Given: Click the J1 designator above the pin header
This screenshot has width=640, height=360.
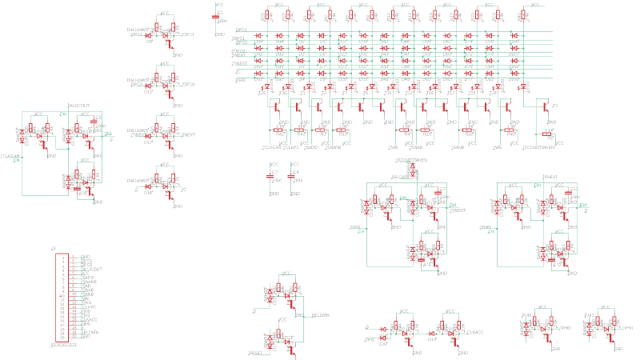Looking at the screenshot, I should (x=54, y=249).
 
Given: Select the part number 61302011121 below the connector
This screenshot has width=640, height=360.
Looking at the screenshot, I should (x=65, y=345).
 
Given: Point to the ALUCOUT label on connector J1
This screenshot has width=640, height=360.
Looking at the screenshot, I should (x=91, y=270).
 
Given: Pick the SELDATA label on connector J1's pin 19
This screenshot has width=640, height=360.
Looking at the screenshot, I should (x=90, y=332).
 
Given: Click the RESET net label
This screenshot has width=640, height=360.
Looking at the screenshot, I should (x=256, y=352).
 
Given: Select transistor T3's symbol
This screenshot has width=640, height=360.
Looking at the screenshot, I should (x=546, y=106).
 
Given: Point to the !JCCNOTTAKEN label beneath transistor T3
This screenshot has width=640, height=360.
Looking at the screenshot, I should (x=538, y=148).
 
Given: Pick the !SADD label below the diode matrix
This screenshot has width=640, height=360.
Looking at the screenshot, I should (x=312, y=148).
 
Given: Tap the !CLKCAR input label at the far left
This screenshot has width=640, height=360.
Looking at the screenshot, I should (x=10, y=156).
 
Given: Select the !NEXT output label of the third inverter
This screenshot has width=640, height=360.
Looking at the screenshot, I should (x=189, y=135).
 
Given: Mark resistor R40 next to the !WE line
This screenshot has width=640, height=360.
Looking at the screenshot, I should (x=510, y=130).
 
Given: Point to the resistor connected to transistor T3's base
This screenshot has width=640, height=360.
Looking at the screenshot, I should (x=549, y=134).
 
